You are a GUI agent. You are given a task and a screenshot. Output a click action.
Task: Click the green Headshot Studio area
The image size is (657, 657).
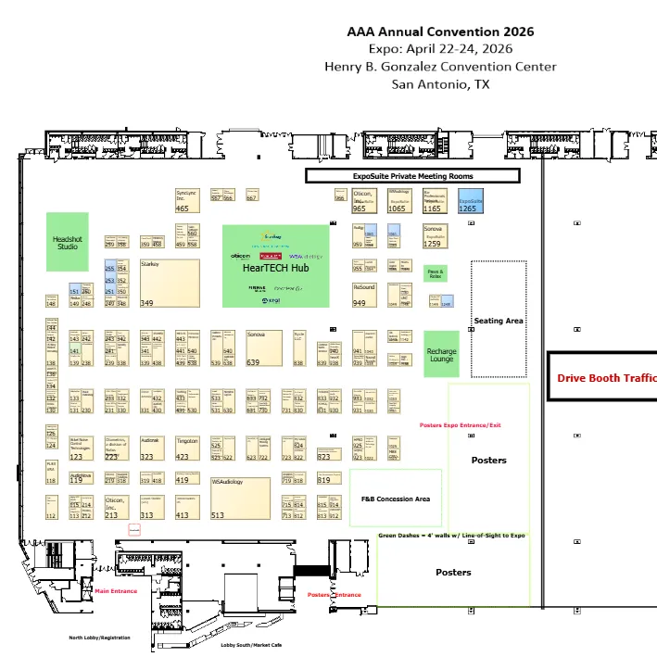(x=68, y=242)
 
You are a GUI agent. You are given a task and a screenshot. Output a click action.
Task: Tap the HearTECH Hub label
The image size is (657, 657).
(x=275, y=269)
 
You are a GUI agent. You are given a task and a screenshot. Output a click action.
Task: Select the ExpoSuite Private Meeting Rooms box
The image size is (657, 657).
(x=412, y=175)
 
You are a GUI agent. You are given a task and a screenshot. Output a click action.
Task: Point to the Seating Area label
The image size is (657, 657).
(x=499, y=321)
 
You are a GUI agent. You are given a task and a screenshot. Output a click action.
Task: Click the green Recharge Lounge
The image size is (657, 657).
(x=441, y=354)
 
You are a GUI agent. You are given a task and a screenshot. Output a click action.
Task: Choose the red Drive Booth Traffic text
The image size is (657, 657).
(x=606, y=378)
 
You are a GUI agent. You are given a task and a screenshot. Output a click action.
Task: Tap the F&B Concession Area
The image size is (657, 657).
(x=396, y=499)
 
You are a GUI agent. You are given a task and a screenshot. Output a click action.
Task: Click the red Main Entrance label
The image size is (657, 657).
(x=116, y=590)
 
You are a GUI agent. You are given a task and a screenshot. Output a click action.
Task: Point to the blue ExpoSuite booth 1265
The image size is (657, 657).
(x=471, y=203)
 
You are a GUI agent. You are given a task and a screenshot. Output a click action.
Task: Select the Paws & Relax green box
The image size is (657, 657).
(x=435, y=273)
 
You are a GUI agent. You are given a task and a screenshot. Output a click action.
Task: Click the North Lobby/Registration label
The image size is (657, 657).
(x=99, y=638)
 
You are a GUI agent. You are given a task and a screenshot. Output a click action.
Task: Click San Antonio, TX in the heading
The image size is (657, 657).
(x=440, y=84)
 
